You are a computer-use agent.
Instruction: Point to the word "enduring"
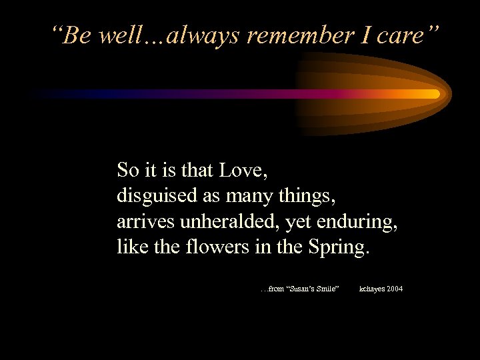pos(359,222)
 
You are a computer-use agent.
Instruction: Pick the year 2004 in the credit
pos(393,289)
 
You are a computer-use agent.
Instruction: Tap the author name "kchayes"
pos(370,289)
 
